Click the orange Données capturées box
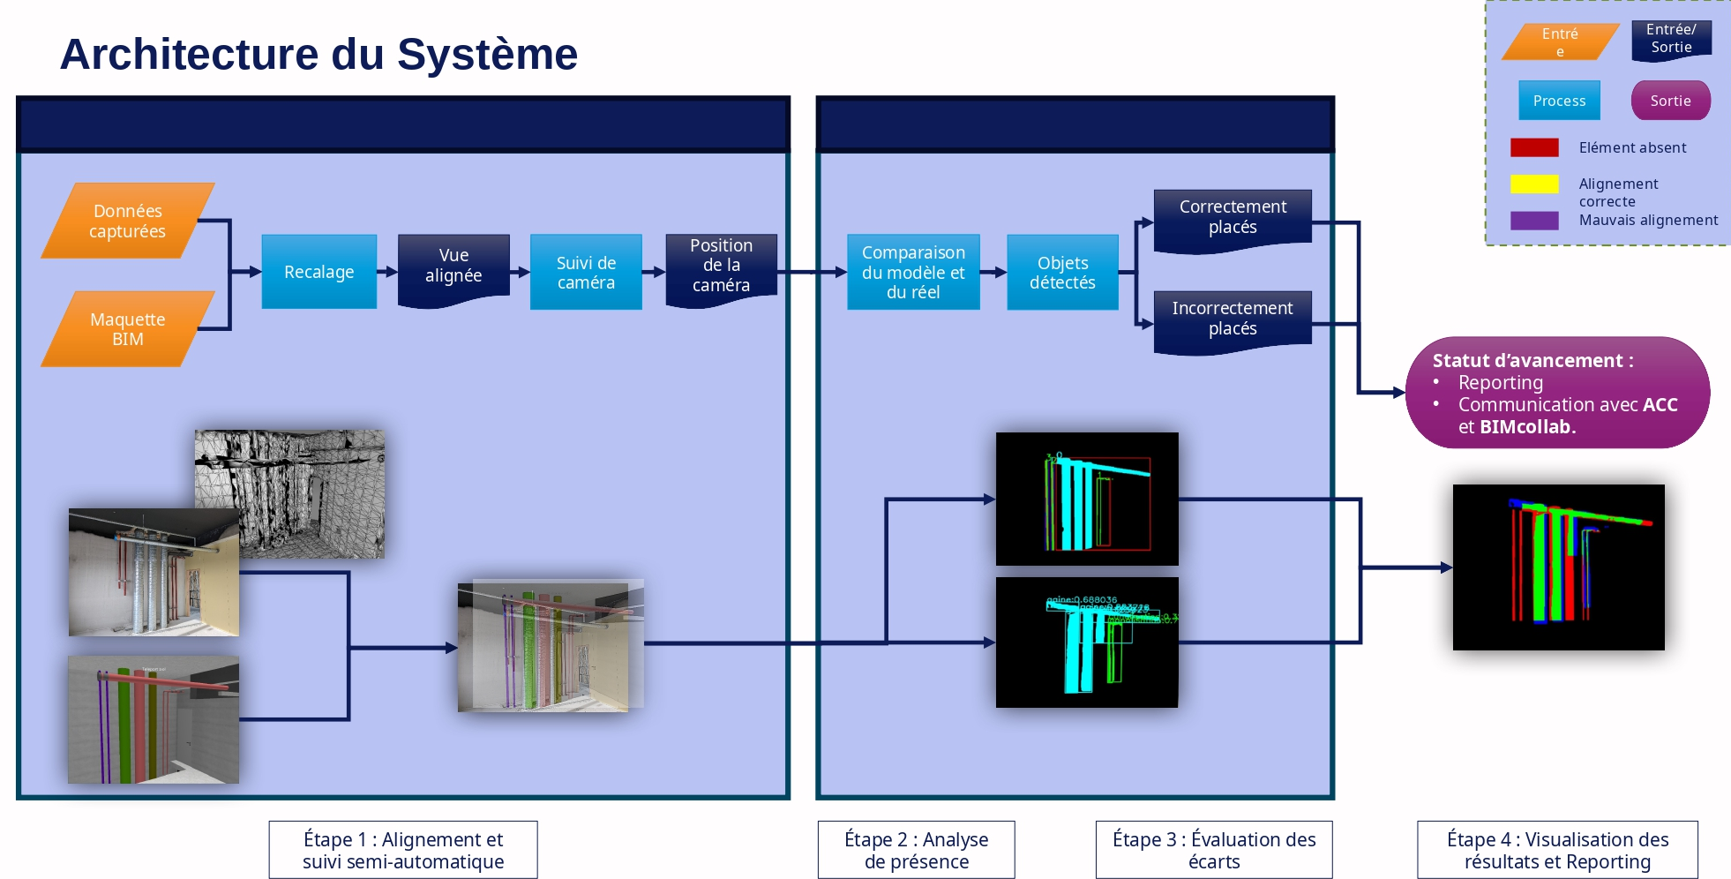pos(127,221)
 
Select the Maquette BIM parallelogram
pos(127,329)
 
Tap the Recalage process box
pos(318,272)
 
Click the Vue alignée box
pos(453,267)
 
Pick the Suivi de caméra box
pos(586,273)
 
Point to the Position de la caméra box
pos(721,266)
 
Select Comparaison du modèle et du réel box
pos(913,272)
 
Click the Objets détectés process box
pos(1062,273)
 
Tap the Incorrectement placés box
pos(1233,319)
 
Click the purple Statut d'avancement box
pos(1557,393)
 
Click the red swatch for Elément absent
pos(1534,147)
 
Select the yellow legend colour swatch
pos(1534,184)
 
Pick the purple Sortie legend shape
pos(1670,101)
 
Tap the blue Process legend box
pos(1559,101)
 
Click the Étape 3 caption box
pos(1214,850)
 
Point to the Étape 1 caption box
pos(403,850)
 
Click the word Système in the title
pos(487,55)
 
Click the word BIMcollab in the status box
pos(1525,427)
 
